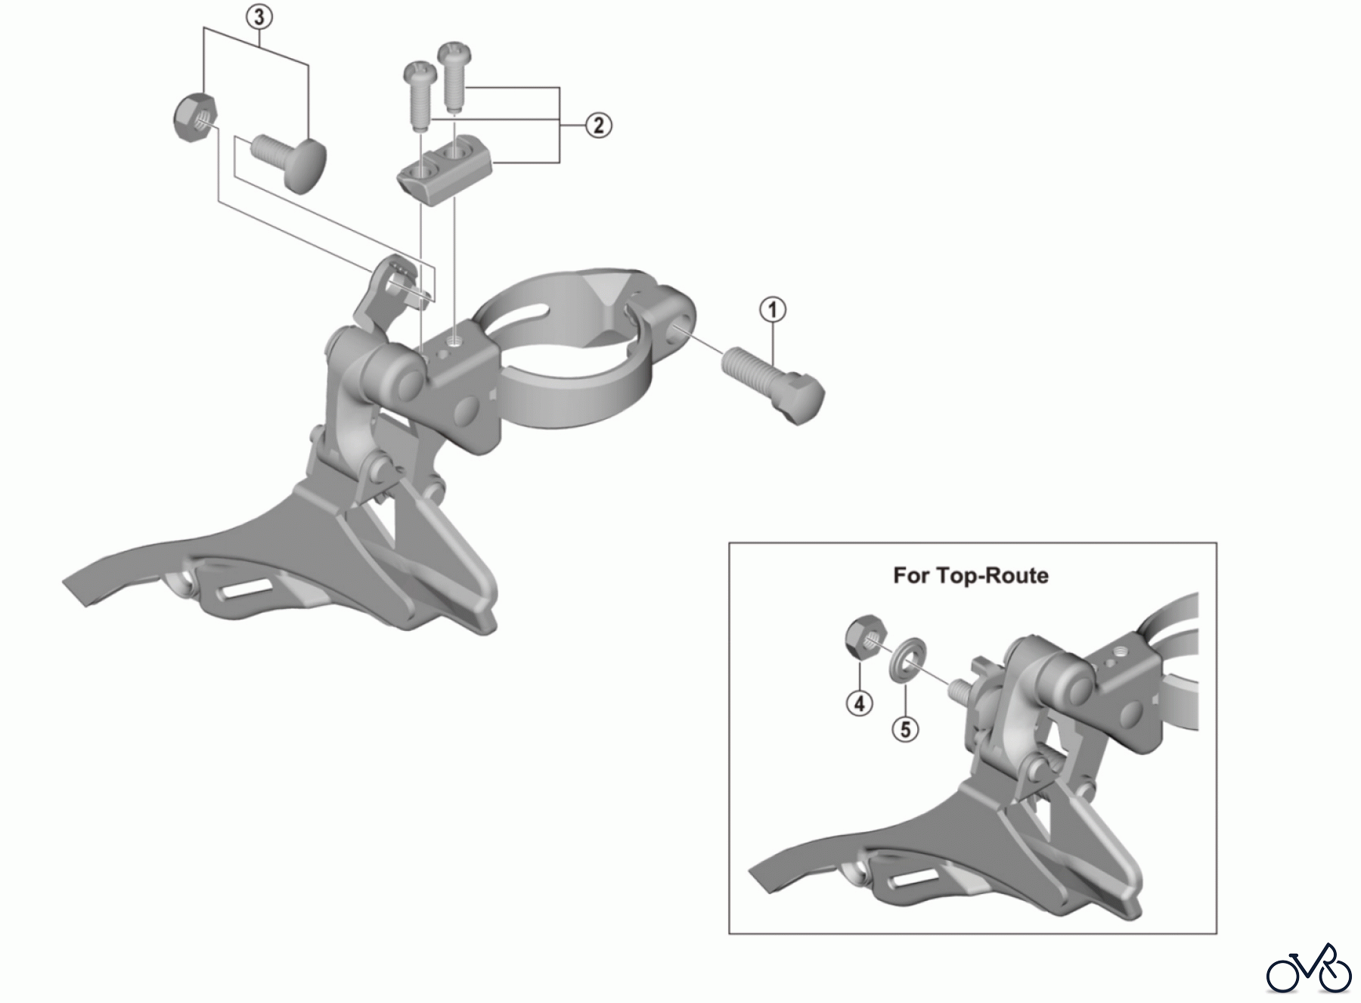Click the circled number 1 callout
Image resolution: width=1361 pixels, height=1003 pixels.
[x=773, y=309]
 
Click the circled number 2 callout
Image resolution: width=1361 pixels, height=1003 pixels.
[x=598, y=125]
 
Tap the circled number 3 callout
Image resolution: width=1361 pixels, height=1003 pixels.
[x=259, y=17]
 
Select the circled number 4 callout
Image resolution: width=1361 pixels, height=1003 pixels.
[x=859, y=703]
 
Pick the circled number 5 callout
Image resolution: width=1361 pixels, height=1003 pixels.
[x=905, y=729]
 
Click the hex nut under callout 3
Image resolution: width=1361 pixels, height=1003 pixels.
[x=191, y=117]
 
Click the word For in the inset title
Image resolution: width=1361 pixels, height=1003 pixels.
[x=911, y=576]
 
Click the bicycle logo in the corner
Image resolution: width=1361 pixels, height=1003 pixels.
[x=1309, y=968]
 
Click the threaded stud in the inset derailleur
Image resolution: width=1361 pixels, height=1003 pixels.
[x=959, y=689]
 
